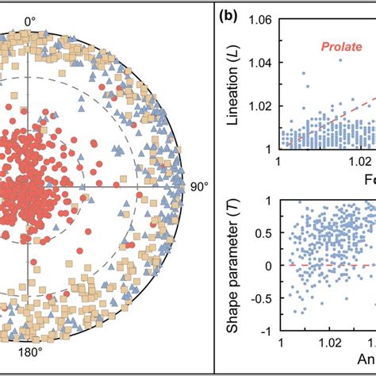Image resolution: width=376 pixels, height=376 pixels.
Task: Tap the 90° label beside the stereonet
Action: (198, 186)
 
